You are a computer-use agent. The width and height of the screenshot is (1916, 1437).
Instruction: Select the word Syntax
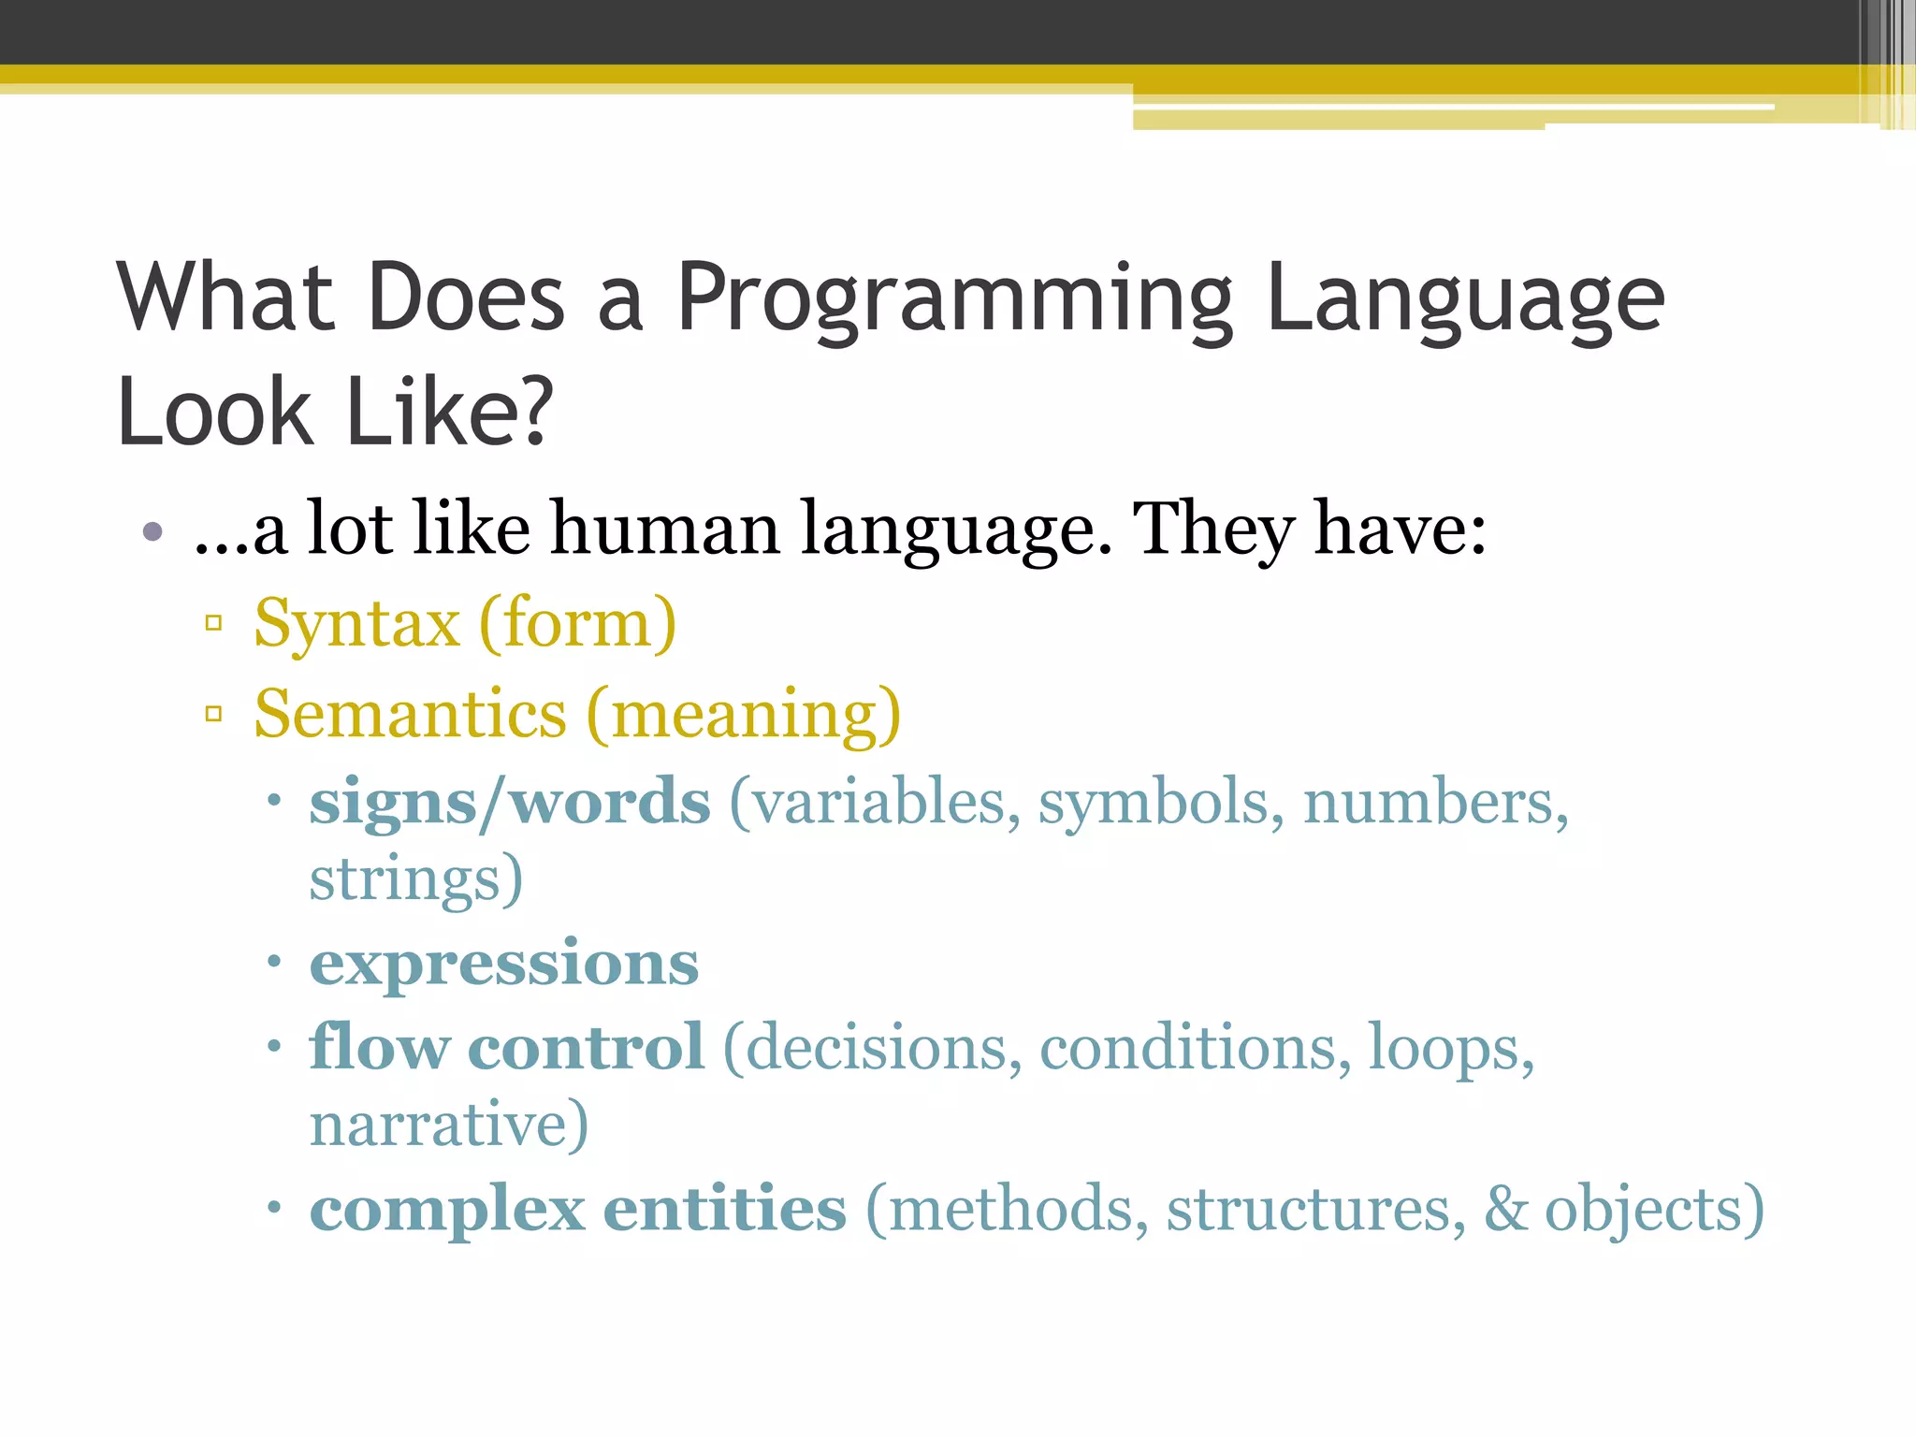(x=356, y=624)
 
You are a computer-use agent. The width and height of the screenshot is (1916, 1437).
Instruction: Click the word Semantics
(x=410, y=715)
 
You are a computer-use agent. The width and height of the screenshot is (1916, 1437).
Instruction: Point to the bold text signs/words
(x=510, y=803)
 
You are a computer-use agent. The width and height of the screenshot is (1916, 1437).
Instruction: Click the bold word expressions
(x=503, y=964)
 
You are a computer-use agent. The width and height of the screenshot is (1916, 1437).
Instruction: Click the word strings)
(x=415, y=879)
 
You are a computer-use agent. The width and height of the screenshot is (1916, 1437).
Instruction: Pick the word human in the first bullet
(x=664, y=530)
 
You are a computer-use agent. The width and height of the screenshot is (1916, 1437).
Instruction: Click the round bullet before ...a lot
(x=153, y=533)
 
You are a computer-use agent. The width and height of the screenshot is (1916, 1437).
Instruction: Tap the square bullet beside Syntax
(x=213, y=623)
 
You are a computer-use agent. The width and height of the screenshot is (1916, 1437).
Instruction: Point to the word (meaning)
(x=744, y=715)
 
